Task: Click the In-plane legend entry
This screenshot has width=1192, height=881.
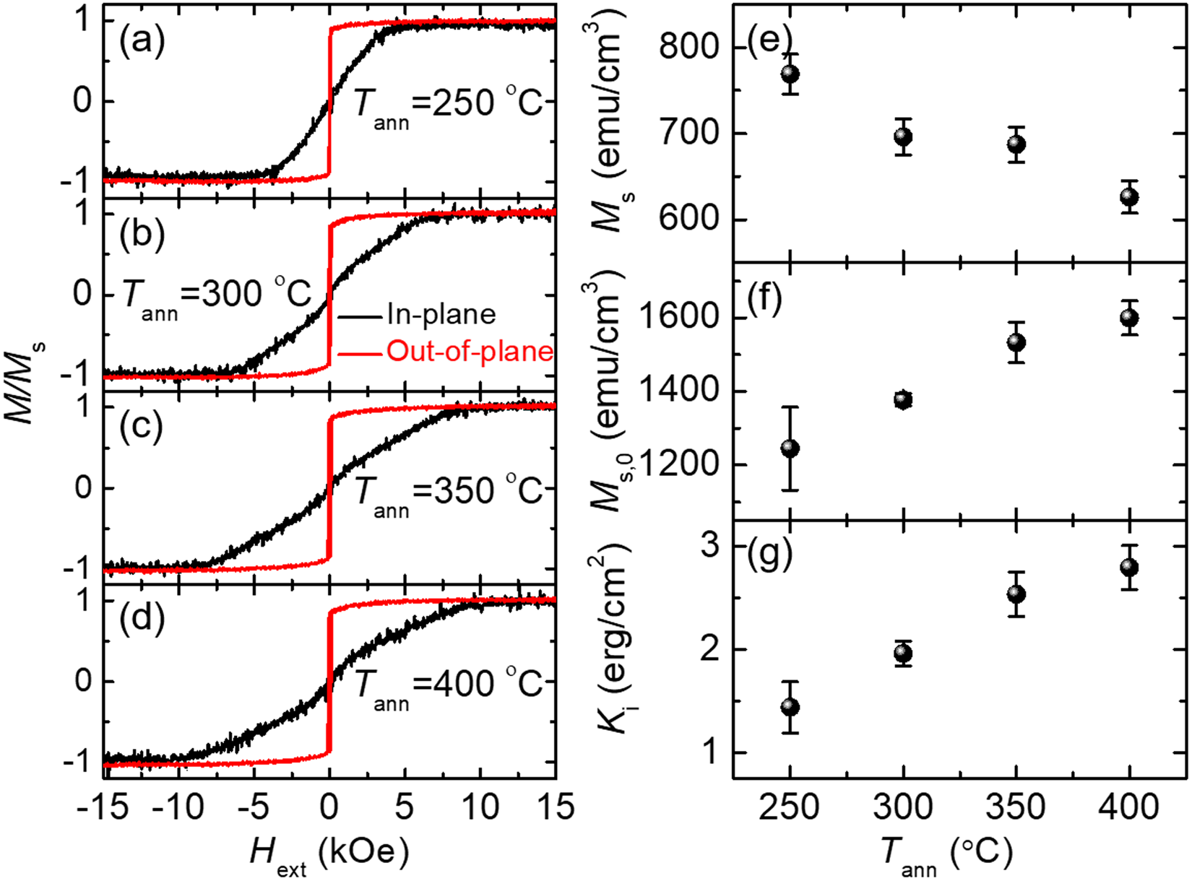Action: [x=441, y=315]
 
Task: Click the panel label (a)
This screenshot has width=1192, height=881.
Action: [x=142, y=42]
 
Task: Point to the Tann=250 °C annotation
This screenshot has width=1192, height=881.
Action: [x=448, y=105]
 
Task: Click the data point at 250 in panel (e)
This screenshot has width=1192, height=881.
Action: [x=790, y=74]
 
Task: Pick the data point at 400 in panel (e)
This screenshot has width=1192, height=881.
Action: [x=1130, y=197]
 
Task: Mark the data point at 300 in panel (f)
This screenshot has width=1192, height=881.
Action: [x=903, y=399]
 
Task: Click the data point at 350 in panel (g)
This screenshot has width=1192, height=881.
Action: [x=1016, y=594]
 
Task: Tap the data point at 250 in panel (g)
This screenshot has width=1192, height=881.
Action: [x=790, y=707]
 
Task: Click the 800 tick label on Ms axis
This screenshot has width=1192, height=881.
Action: [x=690, y=48]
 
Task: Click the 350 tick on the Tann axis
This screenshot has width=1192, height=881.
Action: [x=1016, y=807]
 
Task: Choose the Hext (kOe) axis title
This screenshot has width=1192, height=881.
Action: [x=329, y=855]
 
